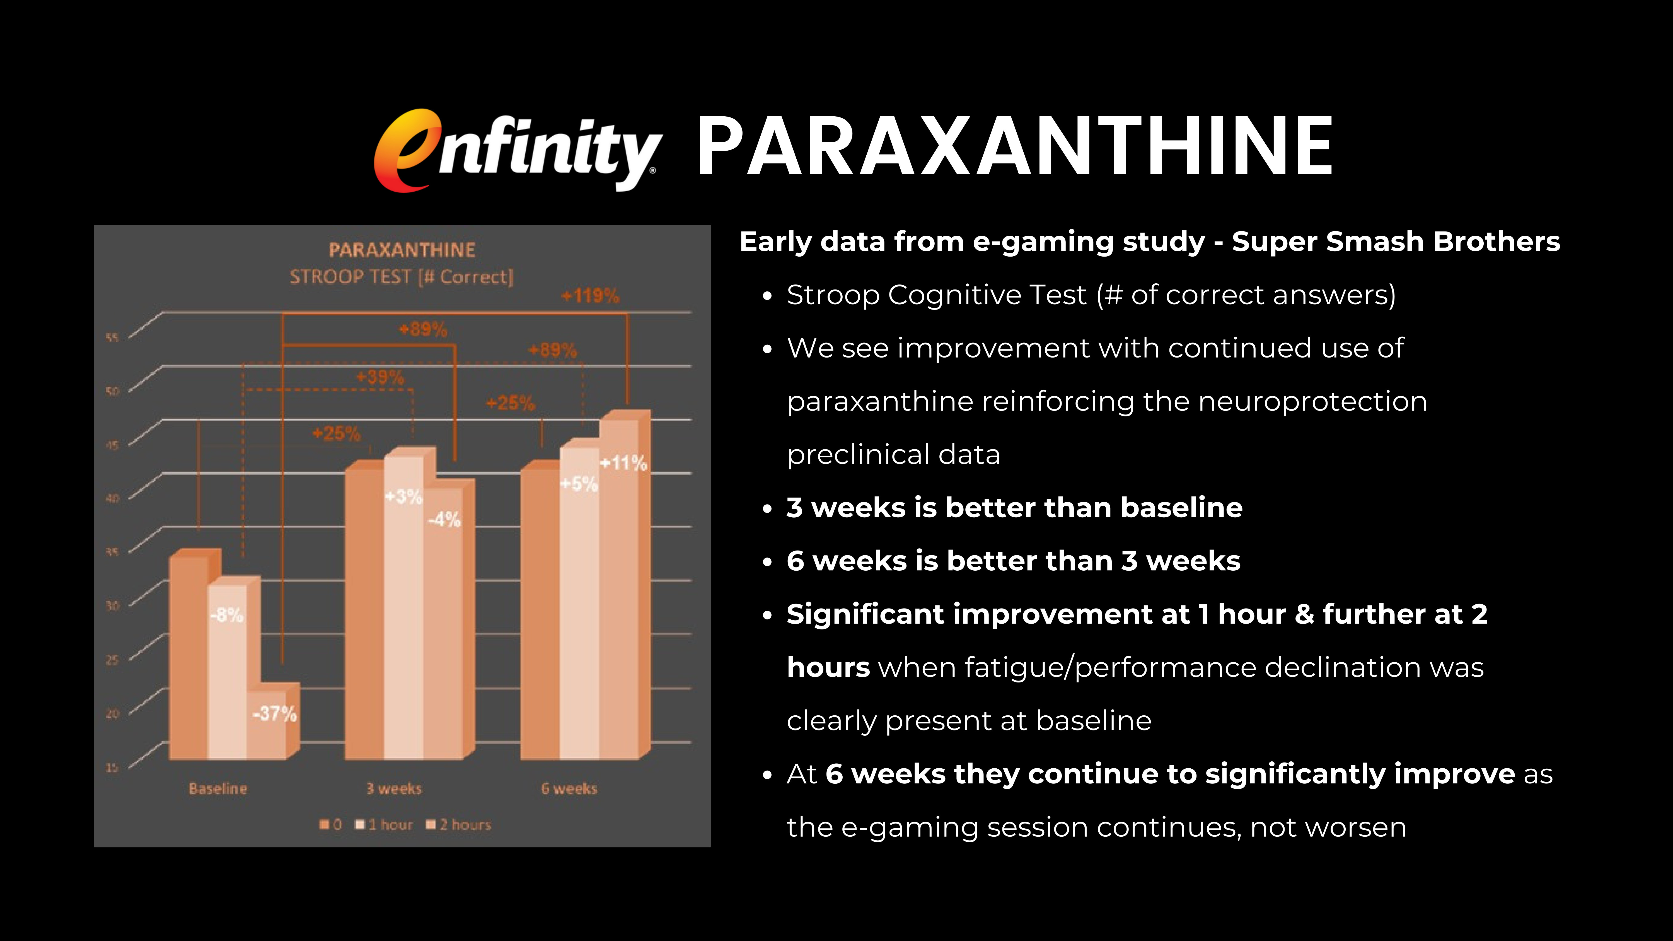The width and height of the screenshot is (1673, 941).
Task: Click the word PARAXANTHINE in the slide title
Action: click(1014, 147)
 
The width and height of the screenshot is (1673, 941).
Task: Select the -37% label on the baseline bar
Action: click(275, 714)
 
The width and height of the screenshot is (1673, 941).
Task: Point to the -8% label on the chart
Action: click(227, 614)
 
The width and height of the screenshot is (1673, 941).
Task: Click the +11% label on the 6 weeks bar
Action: click(623, 463)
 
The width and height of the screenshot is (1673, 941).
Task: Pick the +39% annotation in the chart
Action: click(380, 377)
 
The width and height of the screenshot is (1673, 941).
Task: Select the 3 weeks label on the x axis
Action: click(393, 788)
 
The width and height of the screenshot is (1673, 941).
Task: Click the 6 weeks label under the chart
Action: click(569, 788)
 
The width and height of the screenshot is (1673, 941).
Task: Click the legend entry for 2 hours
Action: click(458, 825)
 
